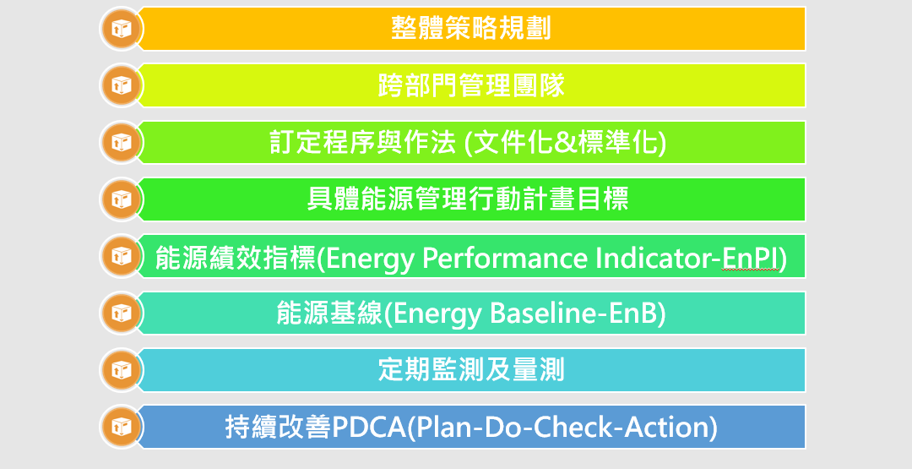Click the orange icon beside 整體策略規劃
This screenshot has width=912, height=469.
coord(121,29)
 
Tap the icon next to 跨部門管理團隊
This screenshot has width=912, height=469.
coord(121,85)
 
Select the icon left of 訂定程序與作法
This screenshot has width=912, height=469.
coord(121,143)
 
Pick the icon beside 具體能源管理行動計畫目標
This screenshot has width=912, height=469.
coord(121,199)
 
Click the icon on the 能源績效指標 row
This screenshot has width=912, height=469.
coord(121,256)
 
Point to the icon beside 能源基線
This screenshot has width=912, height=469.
coord(121,313)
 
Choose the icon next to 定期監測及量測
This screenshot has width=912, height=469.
coord(121,370)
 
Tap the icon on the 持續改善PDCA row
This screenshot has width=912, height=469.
coord(121,427)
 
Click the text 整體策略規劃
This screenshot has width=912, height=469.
coord(471,28)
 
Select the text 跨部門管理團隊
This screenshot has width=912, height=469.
coord(471,85)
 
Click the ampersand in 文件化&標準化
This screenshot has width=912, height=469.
coord(562,143)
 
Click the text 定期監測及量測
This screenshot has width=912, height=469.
coord(471,370)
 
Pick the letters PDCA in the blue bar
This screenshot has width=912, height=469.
coord(368,428)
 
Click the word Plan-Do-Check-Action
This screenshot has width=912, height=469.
coord(561,428)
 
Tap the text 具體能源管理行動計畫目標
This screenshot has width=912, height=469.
coord(468,199)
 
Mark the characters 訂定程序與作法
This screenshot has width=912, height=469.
coord(363,143)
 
